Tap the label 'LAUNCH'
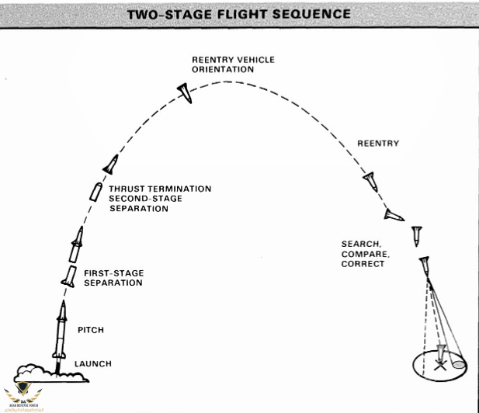(x=93, y=364)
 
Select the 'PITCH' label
(x=90, y=331)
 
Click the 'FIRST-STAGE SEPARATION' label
(x=113, y=278)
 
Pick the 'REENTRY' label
(x=378, y=144)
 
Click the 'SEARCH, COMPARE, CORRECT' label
(x=363, y=254)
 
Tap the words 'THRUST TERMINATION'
(x=160, y=189)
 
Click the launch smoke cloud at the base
(x=51, y=372)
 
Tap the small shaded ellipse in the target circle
(x=458, y=363)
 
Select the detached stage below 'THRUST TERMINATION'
(x=95, y=191)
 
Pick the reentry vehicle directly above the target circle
(x=424, y=267)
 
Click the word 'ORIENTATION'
(x=224, y=70)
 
